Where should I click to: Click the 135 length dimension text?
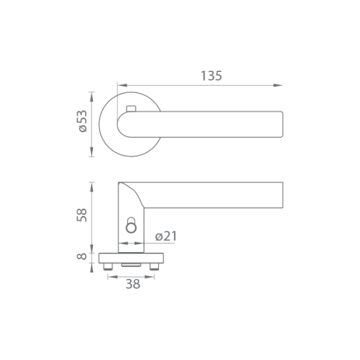pos(211,76)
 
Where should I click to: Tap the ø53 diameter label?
pos(83,121)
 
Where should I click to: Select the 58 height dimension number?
pos(82,215)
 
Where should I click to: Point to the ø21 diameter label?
pos(166,236)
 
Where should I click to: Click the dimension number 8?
pos(82,256)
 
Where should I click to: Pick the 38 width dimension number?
pos(133,284)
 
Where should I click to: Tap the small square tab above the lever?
pos(132,109)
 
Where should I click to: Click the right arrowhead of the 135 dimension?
pos(278,85)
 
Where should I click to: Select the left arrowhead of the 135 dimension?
pos(122,85)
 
